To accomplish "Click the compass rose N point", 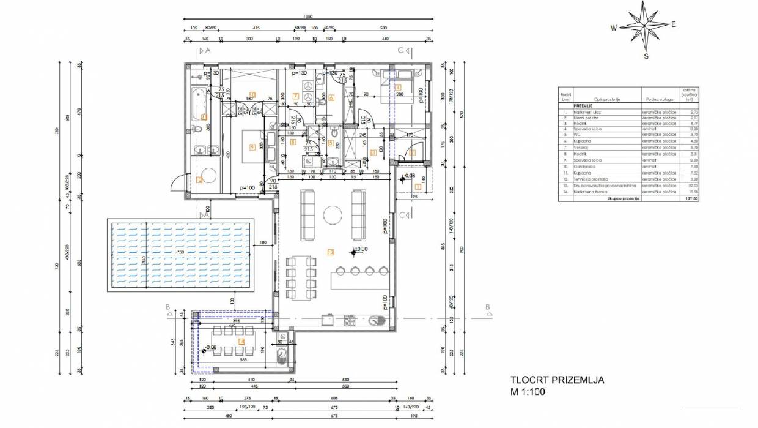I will tap(644, 4).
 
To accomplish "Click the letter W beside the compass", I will tap(613, 28).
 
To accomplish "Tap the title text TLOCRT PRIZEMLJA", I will tap(557, 380).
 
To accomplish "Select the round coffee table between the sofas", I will tap(333, 215).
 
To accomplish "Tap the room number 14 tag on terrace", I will tap(241, 342).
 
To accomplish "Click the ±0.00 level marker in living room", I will tap(361, 250).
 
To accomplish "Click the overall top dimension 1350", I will tap(309, 17).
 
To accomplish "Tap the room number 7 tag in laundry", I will tap(295, 96).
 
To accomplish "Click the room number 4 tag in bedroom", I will tap(397, 87).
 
